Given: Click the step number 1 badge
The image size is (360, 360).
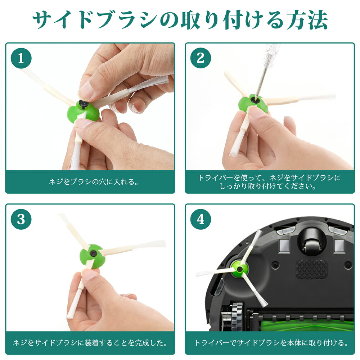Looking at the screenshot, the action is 21,58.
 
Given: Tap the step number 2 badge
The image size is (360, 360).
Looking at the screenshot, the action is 201,58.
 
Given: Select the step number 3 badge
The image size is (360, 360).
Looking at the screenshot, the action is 21,219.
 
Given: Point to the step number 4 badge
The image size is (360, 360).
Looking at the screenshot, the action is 201,219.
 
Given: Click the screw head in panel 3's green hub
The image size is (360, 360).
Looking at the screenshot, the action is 93,253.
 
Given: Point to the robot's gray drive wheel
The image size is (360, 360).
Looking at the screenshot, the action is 237,316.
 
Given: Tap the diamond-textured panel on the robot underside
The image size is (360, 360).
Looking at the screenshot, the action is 311,270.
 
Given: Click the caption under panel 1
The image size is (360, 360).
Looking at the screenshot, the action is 94,182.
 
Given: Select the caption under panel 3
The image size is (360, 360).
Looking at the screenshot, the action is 90,343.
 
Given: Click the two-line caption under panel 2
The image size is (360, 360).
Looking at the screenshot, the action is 270,181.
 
